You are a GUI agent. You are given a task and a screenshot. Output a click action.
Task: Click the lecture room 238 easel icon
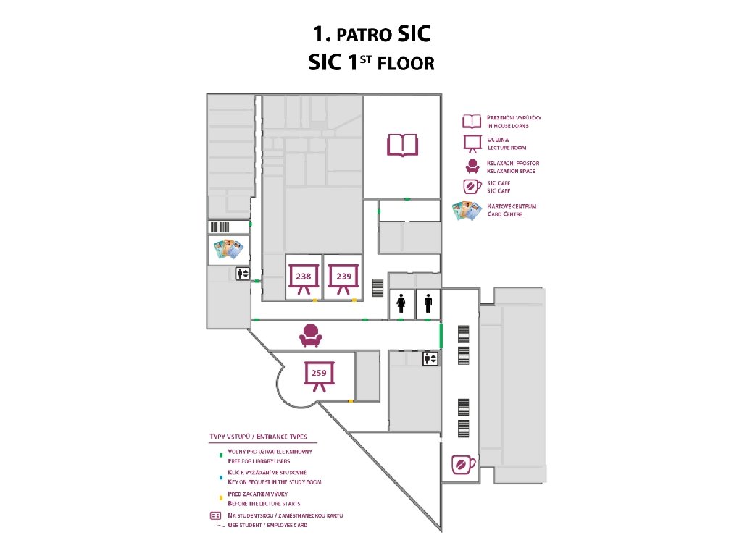(304, 279)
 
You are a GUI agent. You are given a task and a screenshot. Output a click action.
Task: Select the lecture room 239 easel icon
(343, 279)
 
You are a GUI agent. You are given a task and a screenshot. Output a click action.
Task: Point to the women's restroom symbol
(401, 303)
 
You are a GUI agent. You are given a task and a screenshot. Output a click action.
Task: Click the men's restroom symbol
(428, 303)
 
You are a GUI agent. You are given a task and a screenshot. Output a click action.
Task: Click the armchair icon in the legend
(472, 166)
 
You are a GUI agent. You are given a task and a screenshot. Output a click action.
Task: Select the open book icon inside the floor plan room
(402, 145)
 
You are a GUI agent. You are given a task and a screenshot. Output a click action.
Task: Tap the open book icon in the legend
(472, 121)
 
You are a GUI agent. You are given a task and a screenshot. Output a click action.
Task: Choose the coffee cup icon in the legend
(472, 187)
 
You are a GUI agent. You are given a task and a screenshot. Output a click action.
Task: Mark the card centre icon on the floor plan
(228, 250)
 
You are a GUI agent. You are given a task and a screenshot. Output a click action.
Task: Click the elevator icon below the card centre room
(243, 274)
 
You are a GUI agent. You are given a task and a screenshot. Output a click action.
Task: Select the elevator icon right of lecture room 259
(430, 358)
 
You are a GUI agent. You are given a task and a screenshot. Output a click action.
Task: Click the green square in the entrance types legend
(220, 455)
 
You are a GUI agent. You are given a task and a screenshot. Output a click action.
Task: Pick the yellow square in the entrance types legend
(220, 499)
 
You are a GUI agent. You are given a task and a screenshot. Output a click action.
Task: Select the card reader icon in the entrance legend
(215, 515)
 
